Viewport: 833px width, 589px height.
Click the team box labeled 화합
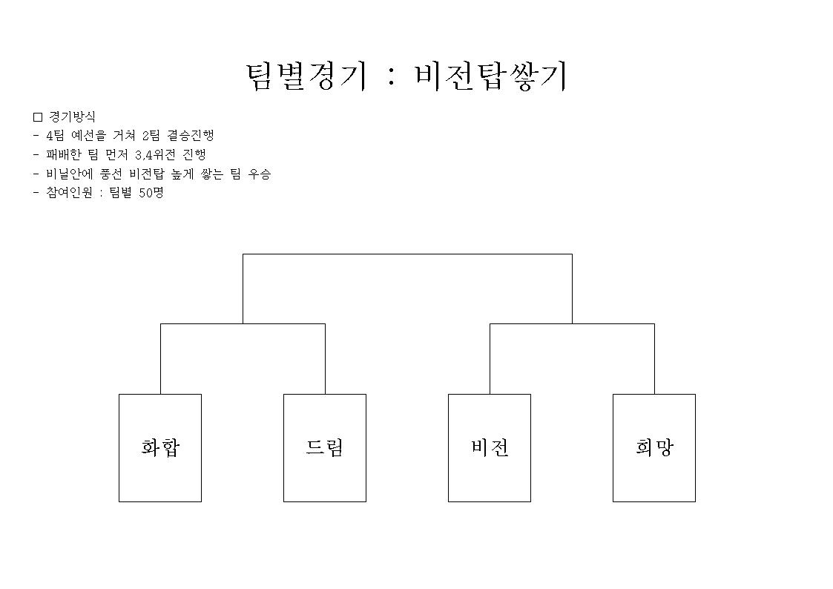160,448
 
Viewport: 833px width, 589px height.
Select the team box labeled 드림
325,448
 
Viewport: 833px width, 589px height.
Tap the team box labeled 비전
490,448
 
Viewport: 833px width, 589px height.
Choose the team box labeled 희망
654,448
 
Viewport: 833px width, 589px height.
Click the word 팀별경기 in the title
306,76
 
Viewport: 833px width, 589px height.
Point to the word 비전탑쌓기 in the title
491,76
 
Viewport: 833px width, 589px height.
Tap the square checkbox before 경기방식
38,117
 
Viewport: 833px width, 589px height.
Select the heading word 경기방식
72,117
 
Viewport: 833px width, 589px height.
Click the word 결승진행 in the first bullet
191,136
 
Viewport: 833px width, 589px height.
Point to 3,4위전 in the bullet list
156,154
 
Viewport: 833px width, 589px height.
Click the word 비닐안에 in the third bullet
70,174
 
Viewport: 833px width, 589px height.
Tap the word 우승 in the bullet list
260,174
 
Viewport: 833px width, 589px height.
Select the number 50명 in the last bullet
151,193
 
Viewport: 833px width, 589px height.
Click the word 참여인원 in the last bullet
70,193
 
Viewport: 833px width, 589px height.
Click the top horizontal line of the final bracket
407,254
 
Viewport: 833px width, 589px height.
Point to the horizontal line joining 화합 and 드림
243,324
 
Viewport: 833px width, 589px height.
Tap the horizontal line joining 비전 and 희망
572,324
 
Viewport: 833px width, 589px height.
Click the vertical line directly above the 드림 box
325,359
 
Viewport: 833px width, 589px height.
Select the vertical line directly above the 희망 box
654,359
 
